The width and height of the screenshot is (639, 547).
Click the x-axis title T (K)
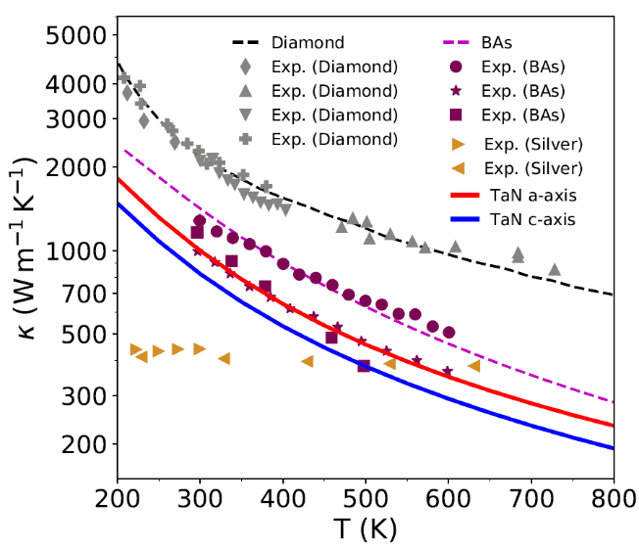point(365,527)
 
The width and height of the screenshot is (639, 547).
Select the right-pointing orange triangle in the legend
point(459,146)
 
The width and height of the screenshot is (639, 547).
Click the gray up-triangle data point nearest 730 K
point(555,269)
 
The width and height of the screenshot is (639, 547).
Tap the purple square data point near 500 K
point(365,366)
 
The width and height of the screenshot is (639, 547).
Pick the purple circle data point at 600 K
point(449,333)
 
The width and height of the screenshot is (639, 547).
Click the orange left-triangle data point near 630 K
point(474,366)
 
